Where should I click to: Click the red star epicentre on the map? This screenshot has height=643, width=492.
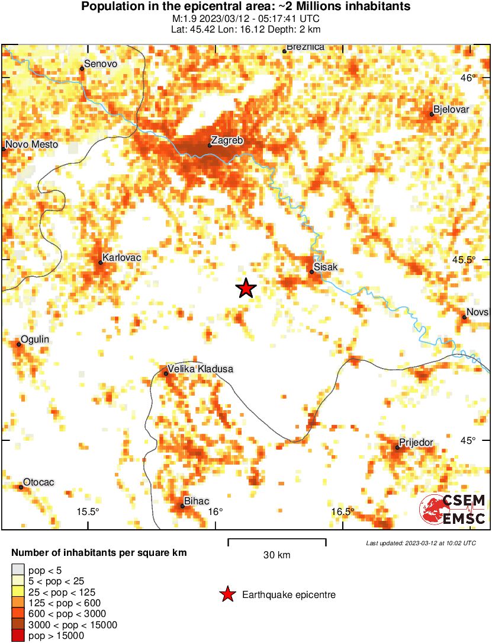[246, 289]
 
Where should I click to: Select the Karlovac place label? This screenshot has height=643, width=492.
[122, 258]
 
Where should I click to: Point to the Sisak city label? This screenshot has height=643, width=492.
[326, 267]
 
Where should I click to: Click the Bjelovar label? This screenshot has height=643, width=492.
[451, 110]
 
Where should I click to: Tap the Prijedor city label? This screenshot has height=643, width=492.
[416, 442]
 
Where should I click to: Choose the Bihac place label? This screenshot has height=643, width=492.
[197, 501]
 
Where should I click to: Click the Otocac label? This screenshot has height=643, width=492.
[38, 482]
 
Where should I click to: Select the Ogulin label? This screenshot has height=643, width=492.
[35, 340]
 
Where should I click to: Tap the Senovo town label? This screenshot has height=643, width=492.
[101, 64]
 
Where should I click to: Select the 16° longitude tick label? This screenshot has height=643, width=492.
[216, 513]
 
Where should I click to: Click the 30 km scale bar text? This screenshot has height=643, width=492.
[276, 555]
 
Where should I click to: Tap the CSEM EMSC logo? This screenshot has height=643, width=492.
[453, 510]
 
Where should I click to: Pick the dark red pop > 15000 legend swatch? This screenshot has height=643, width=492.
[18, 636]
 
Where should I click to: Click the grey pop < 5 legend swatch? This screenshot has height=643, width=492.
[18, 571]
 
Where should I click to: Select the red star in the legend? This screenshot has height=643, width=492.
[227, 594]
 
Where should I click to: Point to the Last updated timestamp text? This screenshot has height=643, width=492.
[420, 543]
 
